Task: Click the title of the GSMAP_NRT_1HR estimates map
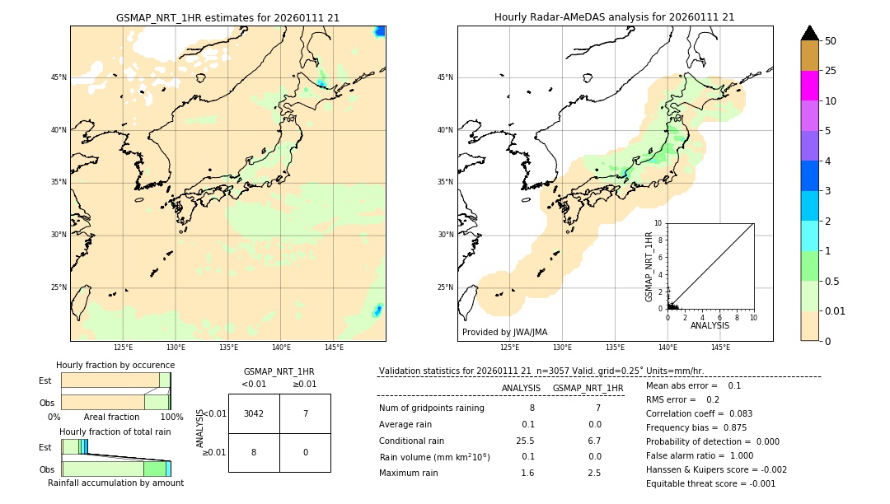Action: click(x=227, y=17)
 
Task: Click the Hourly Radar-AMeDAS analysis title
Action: click(x=614, y=17)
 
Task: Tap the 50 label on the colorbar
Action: click(x=831, y=41)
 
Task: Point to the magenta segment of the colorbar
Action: click(x=809, y=86)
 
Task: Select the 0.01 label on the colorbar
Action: click(x=836, y=311)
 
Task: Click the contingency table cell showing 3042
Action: click(x=254, y=413)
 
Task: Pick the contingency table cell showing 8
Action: click(x=254, y=452)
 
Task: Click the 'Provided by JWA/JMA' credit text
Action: click(x=504, y=333)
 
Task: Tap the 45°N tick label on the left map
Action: click(x=59, y=77)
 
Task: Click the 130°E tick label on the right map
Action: click(x=562, y=348)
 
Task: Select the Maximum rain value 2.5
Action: click(x=594, y=473)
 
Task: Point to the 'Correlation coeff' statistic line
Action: click(x=699, y=413)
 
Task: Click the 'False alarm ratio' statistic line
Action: click(x=700, y=455)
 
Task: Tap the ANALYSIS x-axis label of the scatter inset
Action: click(x=710, y=325)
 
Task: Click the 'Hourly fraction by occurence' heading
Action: click(x=115, y=365)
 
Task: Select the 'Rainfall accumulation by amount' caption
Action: click(x=115, y=483)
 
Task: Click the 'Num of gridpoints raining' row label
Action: click(x=432, y=408)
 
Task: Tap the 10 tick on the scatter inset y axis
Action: click(x=658, y=223)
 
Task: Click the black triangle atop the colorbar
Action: click(x=809, y=33)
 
